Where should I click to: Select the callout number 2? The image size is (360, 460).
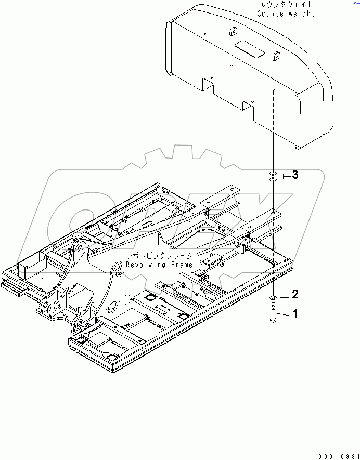pos(294,295)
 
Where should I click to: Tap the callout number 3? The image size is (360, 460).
pos(294,175)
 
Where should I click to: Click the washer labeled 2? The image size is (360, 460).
pos(273,298)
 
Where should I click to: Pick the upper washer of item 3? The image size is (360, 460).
pos(273,172)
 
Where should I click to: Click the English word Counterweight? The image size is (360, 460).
pos(286,14)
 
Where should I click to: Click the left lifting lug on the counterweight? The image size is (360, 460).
pos(231,34)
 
